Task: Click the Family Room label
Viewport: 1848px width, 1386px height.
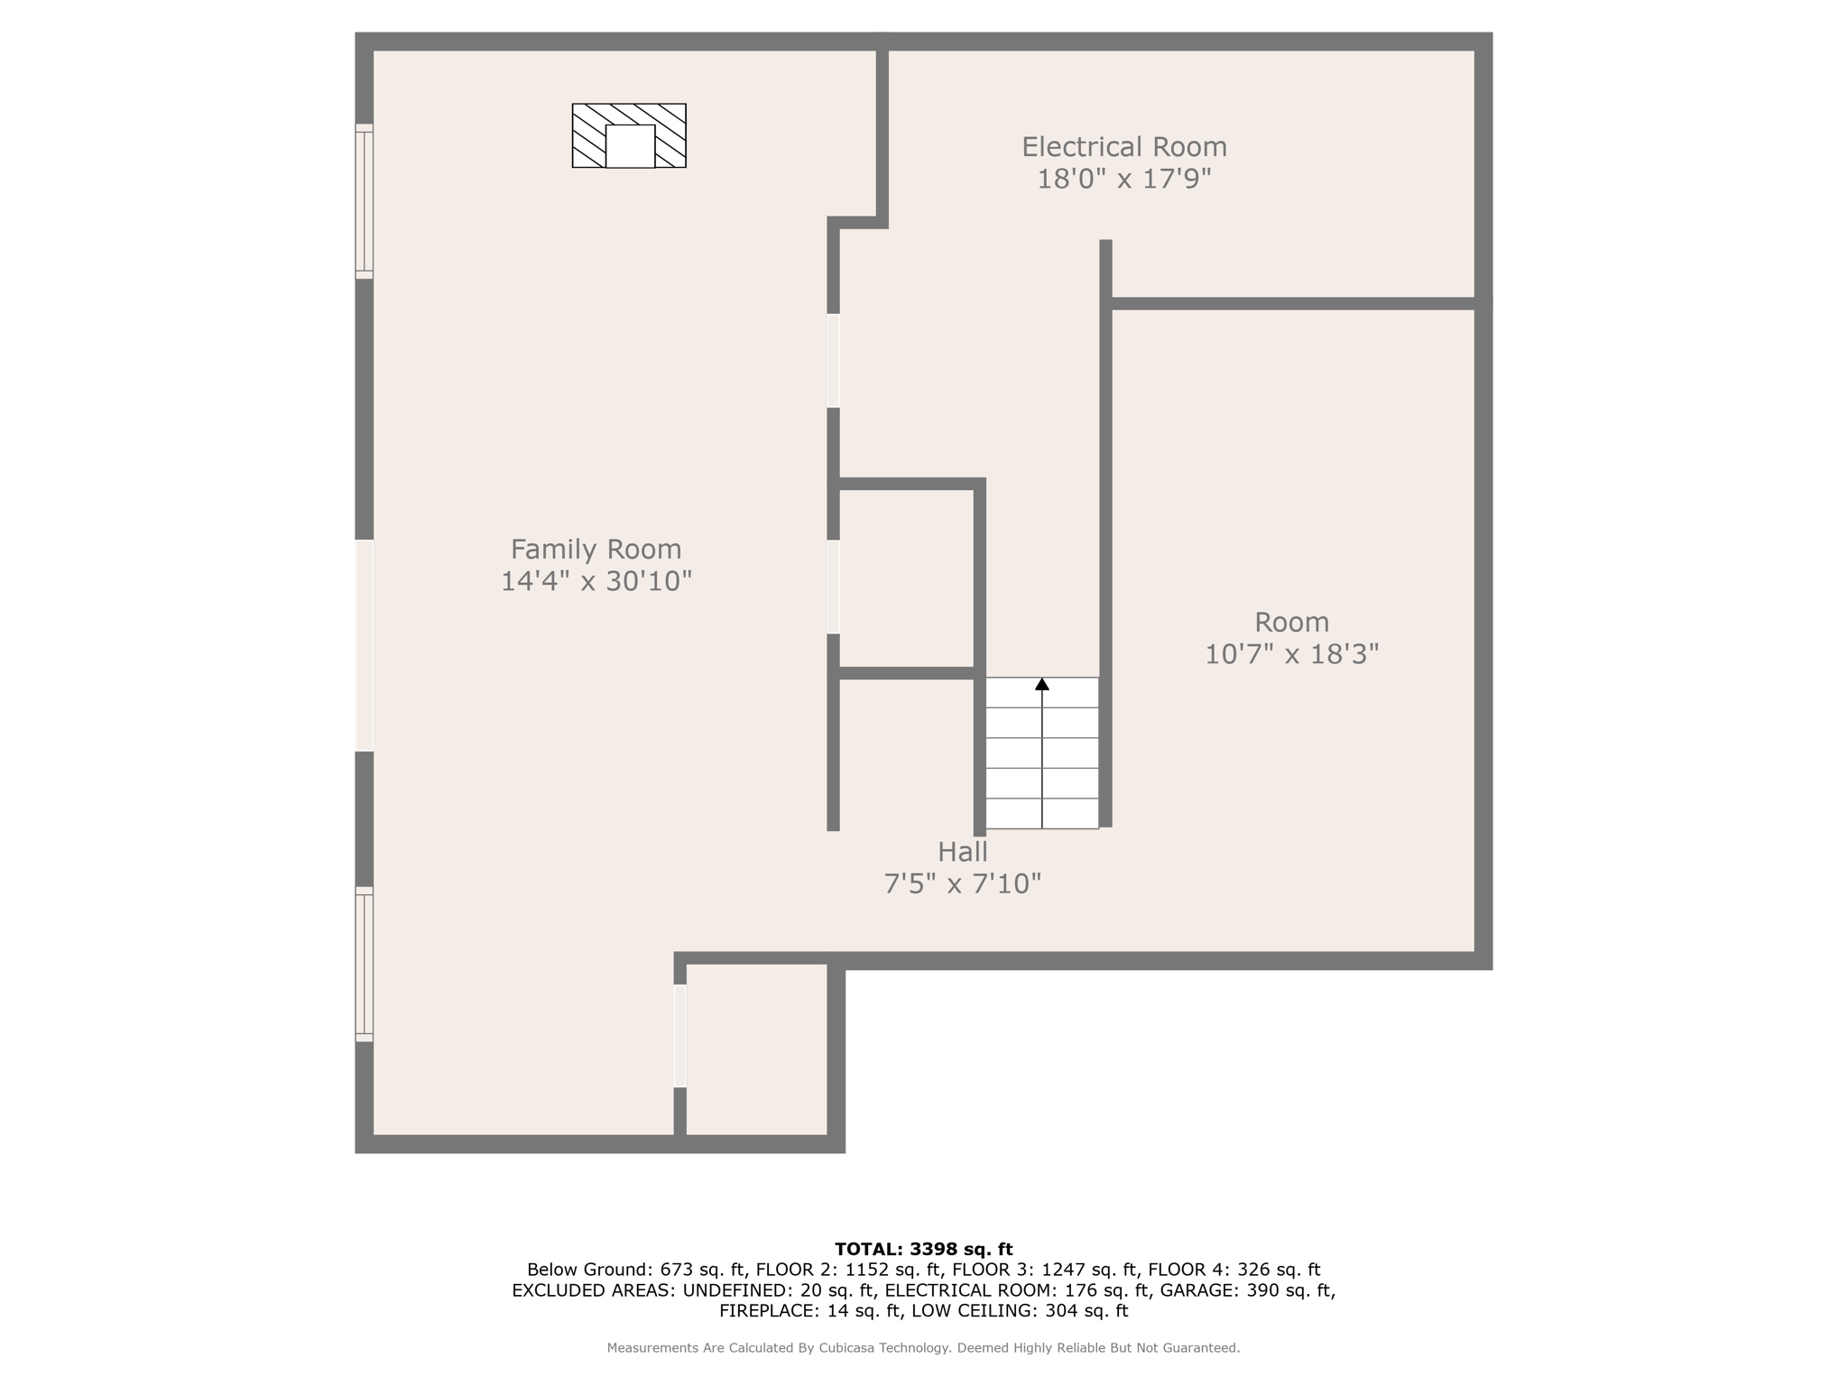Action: [596, 549]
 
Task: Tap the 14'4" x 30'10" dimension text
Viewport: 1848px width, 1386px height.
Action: [596, 581]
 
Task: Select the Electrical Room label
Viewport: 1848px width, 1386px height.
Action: [1123, 146]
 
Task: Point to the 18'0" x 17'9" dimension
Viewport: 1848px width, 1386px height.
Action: [1123, 179]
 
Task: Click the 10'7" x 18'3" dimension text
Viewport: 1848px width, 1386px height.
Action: [1291, 654]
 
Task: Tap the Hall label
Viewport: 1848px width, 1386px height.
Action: [962, 851]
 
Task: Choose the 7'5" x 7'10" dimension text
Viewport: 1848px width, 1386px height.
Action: [962, 883]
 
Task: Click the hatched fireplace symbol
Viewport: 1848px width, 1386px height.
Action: [629, 135]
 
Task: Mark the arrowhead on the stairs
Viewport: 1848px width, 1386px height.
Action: [1042, 685]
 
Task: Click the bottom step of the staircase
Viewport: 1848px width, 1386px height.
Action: [1042, 814]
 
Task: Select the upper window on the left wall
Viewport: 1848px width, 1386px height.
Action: [364, 201]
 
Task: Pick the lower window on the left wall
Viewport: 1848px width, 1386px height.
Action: [364, 964]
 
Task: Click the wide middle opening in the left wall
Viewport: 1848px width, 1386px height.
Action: [364, 645]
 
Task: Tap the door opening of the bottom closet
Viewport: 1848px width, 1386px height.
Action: [680, 1035]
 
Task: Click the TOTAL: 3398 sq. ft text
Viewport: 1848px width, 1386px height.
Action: [923, 1250]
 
